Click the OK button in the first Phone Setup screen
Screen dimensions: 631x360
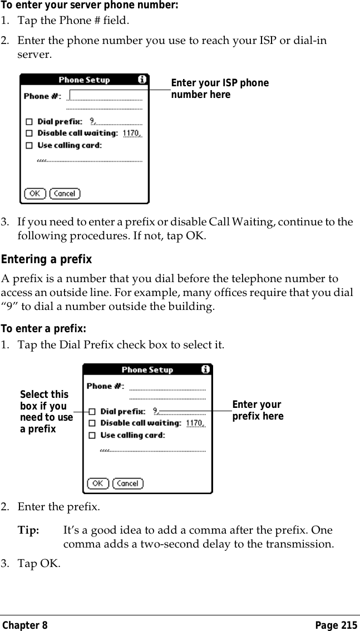pyautogui.click(x=34, y=194)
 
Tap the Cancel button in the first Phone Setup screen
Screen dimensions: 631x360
pyautogui.click(x=65, y=194)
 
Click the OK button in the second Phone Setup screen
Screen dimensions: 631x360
pyautogui.click(x=98, y=484)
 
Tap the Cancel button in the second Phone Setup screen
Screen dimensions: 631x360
pyautogui.click(x=128, y=484)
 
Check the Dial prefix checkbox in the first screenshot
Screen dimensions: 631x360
pyautogui.click(x=29, y=121)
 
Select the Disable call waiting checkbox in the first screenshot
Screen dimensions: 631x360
pyautogui.click(x=29, y=134)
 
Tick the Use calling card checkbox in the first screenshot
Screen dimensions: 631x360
pyautogui.click(x=29, y=146)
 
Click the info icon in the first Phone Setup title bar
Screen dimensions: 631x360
pyautogui.click(x=142, y=80)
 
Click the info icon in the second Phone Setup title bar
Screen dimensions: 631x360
pyautogui.click(x=206, y=369)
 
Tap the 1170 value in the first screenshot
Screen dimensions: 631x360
pyautogui.click(x=131, y=134)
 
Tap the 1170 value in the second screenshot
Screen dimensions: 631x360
pyautogui.click(x=194, y=423)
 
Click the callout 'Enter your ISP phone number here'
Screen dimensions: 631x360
pyautogui.click(x=219, y=89)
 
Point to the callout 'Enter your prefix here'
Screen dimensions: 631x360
pyautogui.click(x=257, y=411)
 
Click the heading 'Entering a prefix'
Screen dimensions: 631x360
pyautogui.click(x=47, y=260)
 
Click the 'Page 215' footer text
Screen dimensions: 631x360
pyautogui.click(x=336, y=625)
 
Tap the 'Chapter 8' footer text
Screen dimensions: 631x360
pyautogui.click(x=25, y=625)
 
